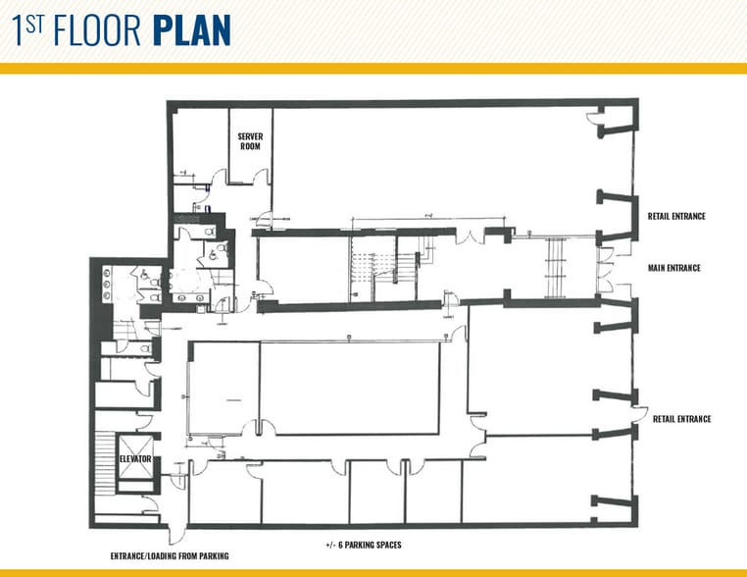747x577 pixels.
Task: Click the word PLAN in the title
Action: (x=192, y=31)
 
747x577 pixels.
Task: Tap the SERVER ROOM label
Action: (x=249, y=141)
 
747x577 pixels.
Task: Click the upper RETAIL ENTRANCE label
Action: (x=676, y=216)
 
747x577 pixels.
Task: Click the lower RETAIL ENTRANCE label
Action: (x=681, y=419)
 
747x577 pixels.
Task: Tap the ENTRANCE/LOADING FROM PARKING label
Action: (x=170, y=556)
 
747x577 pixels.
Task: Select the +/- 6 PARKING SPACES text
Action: (x=363, y=545)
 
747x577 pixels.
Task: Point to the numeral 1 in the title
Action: (x=19, y=31)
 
